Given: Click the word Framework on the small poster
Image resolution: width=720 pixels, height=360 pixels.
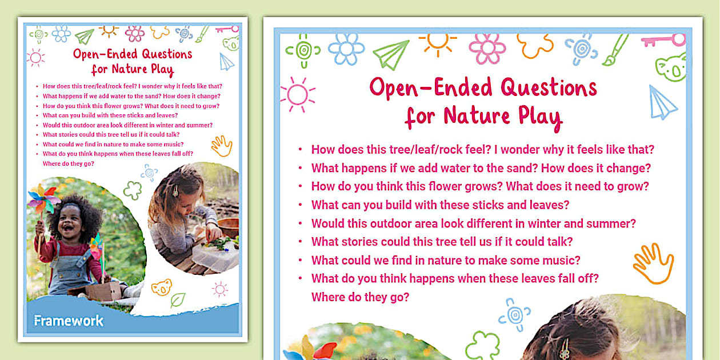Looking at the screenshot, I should tap(69, 321).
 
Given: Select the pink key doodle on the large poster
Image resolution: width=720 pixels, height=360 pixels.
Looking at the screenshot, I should tap(663, 41).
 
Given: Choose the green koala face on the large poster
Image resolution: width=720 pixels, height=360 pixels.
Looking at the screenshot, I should tap(671, 67).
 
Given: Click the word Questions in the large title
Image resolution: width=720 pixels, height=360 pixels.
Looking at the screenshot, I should tap(549, 88).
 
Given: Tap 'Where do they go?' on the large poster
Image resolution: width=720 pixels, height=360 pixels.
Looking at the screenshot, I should tap(361, 297).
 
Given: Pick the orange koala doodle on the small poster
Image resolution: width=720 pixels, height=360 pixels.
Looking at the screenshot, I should tap(161, 286).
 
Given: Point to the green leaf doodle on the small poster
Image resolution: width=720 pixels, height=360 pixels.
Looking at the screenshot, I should tap(178, 299).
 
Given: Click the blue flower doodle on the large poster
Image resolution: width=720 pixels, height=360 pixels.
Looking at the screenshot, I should tap(346, 49).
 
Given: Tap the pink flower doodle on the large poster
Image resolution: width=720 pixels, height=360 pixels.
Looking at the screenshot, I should tap(487, 48).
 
